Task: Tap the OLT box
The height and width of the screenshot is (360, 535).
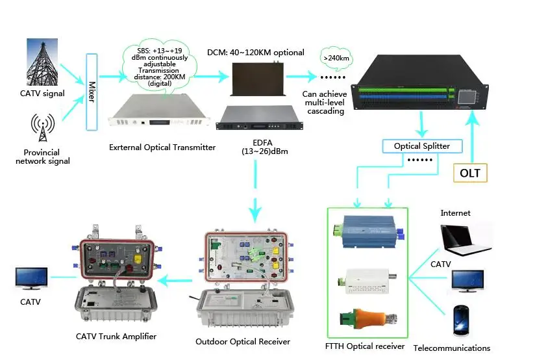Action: [x=469, y=173]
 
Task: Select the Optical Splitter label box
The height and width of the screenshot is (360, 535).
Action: [x=421, y=146]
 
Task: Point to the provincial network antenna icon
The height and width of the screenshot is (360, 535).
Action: [x=42, y=128]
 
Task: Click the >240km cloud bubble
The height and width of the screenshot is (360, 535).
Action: [x=334, y=57]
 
